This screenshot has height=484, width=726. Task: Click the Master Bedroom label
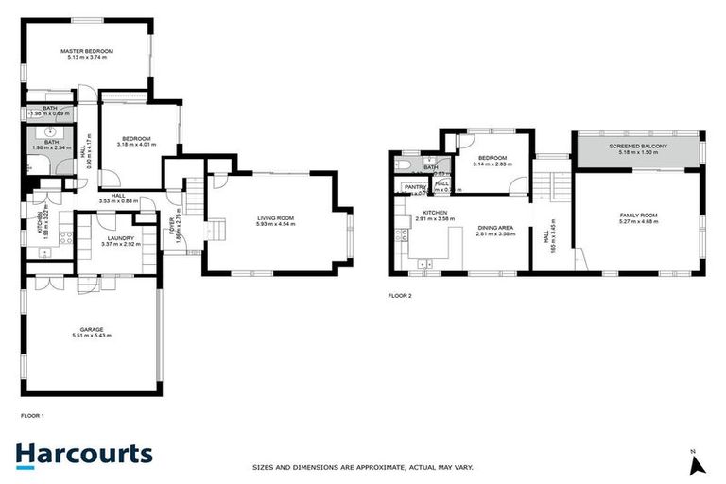click(87, 50)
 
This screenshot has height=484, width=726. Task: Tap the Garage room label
click(92, 329)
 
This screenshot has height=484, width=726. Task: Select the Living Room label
click(277, 218)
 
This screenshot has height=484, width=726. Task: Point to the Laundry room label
click(119, 238)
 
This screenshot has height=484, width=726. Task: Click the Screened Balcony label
click(638, 147)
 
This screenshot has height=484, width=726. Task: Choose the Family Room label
click(638, 216)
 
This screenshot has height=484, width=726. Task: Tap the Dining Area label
click(494, 226)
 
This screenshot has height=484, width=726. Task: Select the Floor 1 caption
click(33, 415)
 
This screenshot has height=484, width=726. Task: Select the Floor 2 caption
click(400, 296)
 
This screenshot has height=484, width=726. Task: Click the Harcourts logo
click(83, 454)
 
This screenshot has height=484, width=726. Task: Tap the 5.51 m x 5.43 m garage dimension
click(92, 336)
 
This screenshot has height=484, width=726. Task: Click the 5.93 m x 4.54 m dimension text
click(277, 225)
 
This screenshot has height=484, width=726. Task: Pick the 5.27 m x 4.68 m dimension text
click(638, 222)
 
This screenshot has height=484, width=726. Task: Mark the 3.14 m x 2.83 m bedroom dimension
click(493, 164)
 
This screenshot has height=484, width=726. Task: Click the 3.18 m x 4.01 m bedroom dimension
click(134, 145)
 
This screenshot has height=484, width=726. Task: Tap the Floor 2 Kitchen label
click(434, 213)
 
